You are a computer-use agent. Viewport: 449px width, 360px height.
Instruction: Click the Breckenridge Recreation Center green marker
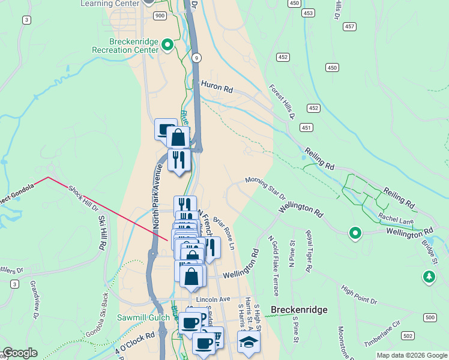pos(168,44)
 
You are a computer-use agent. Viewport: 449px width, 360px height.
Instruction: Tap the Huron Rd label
pos(217,88)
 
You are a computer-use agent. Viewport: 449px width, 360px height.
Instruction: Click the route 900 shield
pos(159,15)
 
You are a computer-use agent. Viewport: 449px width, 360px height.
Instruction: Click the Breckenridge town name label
pos(299,310)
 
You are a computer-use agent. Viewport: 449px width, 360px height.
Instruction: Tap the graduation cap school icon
pos(248,341)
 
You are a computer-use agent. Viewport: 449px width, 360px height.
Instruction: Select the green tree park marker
pos(429,277)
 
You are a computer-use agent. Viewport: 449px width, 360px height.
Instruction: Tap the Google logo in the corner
pos(20,353)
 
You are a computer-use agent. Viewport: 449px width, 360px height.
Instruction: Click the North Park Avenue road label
pos(157,196)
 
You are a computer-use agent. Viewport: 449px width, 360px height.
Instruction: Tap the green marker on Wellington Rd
pos(355,233)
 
